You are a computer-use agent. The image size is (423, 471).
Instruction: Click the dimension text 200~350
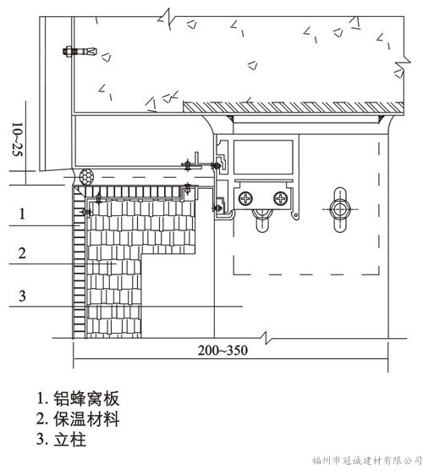pos(222,350)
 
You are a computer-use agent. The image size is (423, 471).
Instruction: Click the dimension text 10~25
pos(18,139)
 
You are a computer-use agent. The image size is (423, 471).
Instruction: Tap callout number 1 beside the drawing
pos(22,214)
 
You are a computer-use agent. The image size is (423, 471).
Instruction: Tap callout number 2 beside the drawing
pos(22,253)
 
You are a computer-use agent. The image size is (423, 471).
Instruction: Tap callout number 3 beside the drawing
pos(22,296)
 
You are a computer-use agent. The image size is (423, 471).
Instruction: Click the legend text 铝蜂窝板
pos(86,399)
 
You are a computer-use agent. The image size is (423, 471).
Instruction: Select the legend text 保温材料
pos(86,419)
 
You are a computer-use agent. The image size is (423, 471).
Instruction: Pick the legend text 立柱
pos(70,440)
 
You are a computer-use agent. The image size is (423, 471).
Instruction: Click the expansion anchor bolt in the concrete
pos(80,52)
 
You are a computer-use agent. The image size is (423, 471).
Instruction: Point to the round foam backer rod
pos(86,177)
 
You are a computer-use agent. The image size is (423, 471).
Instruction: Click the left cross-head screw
pos(245,198)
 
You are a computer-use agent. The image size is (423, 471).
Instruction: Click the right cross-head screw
pos(281,198)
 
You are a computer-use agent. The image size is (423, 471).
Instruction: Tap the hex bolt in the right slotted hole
pos(339,208)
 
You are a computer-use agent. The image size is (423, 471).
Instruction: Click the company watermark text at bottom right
pos(366,460)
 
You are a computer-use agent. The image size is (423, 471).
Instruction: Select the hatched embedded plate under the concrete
pos(294,108)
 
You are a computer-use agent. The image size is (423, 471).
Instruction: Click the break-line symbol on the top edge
pos(167,19)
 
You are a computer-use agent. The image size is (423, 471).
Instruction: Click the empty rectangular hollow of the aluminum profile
pos(263,157)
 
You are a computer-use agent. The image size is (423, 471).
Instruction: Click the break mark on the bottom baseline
pos(266,338)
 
